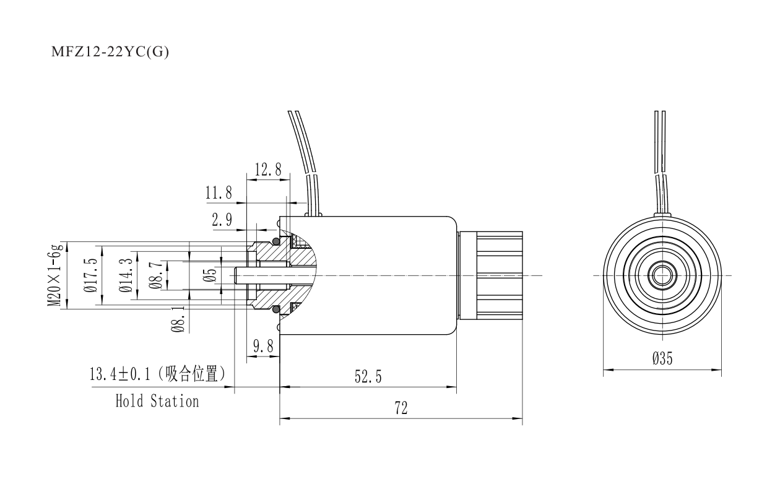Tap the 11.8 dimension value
coord(219,193)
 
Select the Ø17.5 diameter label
coord(91,275)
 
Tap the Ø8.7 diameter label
coord(157,275)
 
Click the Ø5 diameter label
coord(210,275)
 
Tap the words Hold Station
coord(157,401)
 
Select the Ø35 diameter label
coord(662,360)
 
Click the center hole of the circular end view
coord(662,275)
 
